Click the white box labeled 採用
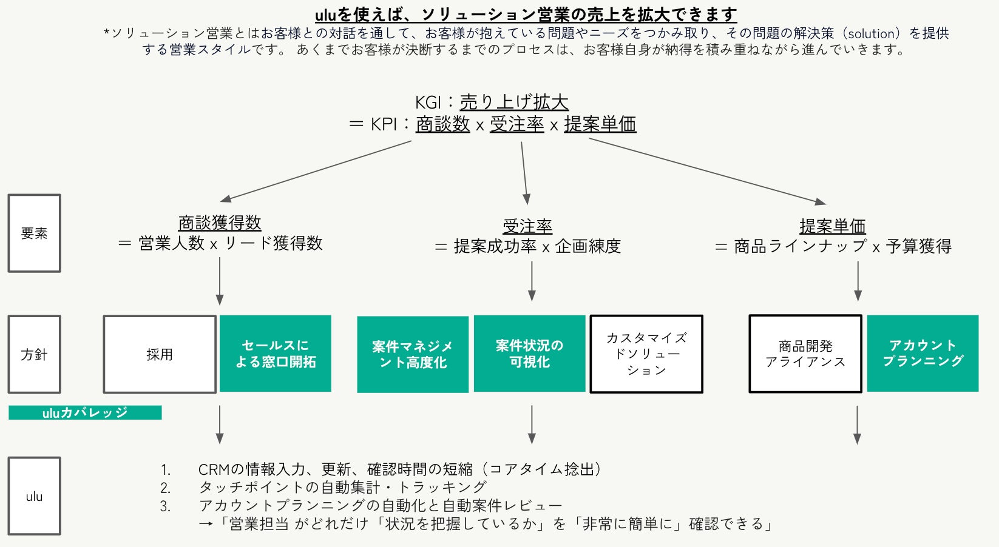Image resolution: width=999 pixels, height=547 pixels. (x=160, y=354)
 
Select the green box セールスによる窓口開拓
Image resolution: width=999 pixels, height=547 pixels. (x=276, y=354)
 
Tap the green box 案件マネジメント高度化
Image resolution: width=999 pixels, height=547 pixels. (x=413, y=354)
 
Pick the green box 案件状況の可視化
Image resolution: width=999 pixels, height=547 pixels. (x=529, y=354)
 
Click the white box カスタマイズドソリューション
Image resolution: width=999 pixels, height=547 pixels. (x=646, y=354)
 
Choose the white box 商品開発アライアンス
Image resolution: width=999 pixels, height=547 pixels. (x=805, y=354)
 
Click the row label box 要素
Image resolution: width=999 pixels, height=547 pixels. (x=34, y=233)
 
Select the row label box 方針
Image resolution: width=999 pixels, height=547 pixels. (x=34, y=354)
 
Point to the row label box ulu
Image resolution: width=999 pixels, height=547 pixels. (x=34, y=496)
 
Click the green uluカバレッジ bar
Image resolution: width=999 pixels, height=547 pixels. (x=85, y=412)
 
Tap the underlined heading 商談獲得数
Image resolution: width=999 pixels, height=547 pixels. (x=220, y=223)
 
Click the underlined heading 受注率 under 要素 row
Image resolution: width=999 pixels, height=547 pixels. (x=527, y=226)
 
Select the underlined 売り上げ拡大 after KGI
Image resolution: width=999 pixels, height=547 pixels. (x=514, y=102)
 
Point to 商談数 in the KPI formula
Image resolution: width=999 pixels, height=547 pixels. (x=443, y=124)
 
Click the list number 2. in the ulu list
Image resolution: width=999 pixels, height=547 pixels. (x=166, y=488)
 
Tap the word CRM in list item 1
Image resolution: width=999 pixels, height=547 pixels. (x=214, y=469)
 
